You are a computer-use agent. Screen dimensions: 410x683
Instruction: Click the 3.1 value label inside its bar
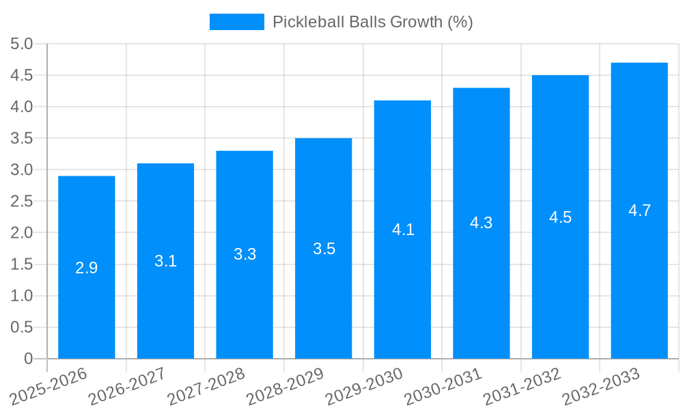click(x=165, y=261)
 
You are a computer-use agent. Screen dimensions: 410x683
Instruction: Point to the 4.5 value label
click(x=560, y=217)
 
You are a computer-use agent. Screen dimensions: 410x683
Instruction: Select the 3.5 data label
click(x=324, y=249)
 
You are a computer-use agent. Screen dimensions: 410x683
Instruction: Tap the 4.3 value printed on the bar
click(x=481, y=223)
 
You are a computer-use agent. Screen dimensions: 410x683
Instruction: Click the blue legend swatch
click(x=236, y=22)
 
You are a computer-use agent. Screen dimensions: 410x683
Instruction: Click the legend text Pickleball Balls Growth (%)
click(x=372, y=22)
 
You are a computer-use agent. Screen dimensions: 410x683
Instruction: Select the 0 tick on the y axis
click(x=28, y=359)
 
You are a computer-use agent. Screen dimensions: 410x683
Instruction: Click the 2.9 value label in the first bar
click(x=87, y=268)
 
